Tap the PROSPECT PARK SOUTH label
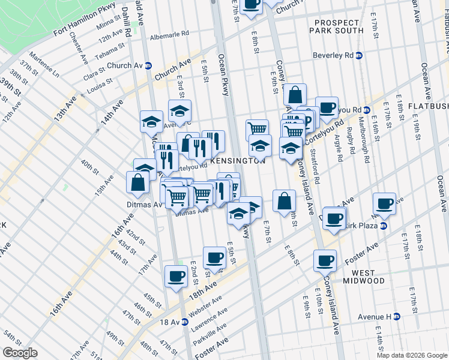point(337,26)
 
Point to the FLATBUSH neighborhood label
point(428,106)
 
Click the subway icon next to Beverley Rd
point(359,56)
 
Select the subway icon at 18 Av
point(185,322)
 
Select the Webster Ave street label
point(205,306)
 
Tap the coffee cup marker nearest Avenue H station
point(325,260)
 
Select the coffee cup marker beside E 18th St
point(384,203)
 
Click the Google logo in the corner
point(20,353)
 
